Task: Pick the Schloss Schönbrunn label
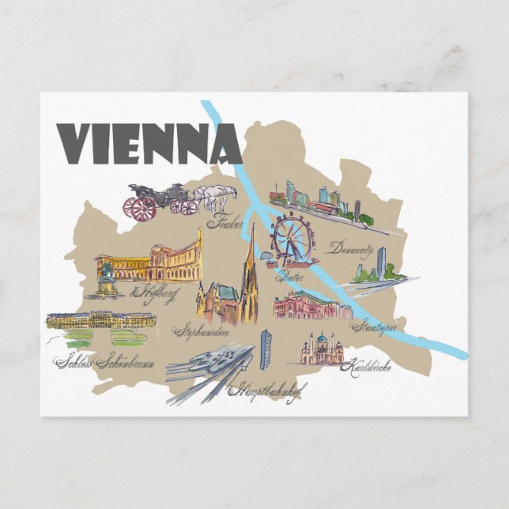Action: [105, 363]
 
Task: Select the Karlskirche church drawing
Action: [322, 349]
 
